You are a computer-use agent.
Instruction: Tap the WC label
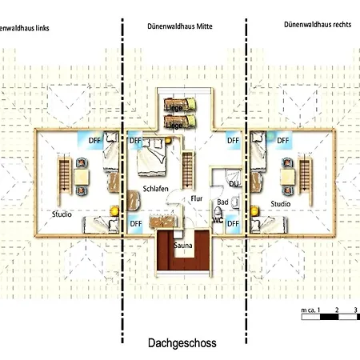(217, 220)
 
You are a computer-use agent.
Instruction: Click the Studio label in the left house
(62, 214)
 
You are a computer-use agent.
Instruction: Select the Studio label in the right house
(280, 204)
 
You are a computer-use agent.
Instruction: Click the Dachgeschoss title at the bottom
(182, 342)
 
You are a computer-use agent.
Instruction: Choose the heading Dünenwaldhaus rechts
(312, 25)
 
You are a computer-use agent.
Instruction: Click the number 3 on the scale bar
(354, 308)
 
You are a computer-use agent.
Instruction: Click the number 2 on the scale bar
(336, 308)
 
